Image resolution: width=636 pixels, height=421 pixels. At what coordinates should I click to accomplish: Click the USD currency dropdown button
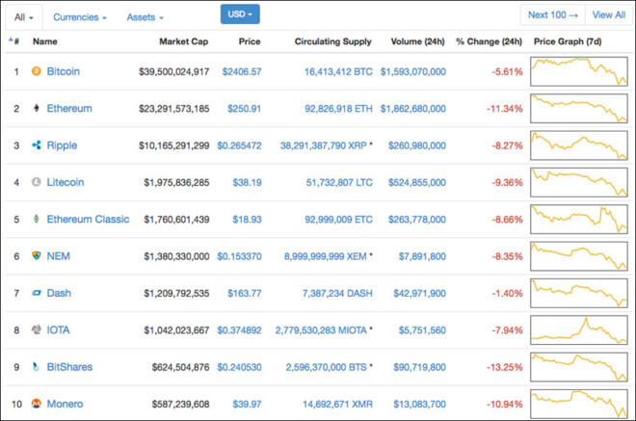(240, 14)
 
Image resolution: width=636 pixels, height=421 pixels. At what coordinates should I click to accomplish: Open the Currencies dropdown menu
(79, 16)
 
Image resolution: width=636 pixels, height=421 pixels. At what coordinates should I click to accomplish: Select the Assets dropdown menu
(145, 16)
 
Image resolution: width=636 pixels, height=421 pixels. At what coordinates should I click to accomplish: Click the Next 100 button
(552, 14)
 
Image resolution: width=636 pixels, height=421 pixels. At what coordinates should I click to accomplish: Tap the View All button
(608, 14)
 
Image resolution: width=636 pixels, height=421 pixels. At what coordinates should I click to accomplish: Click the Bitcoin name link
(63, 71)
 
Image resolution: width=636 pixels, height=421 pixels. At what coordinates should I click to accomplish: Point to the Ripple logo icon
(37, 145)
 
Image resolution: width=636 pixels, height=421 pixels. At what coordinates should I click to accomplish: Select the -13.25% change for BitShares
(502, 366)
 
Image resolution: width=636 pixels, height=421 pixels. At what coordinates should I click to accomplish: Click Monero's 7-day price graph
(579, 403)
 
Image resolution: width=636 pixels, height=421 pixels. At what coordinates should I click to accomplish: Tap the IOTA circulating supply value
(321, 329)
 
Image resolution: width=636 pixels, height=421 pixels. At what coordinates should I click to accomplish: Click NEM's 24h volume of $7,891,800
(420, 256)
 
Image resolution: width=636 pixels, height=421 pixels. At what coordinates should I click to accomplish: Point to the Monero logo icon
(37, 404)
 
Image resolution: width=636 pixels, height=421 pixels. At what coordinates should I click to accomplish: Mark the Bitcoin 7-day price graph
(579, 71)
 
